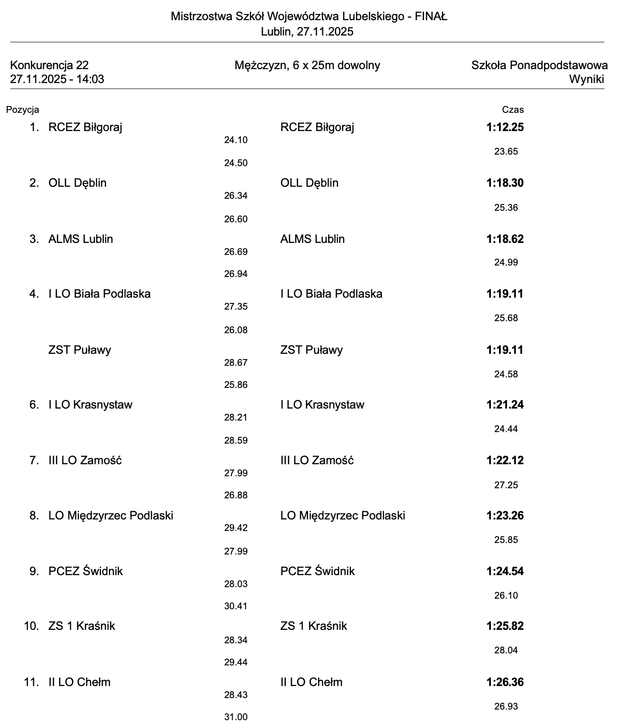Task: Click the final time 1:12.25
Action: [x=505, y=127]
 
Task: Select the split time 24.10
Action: [x=236, y=140]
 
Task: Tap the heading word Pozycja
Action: [x=23, y=110]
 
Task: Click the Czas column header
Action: [x=513, y=110]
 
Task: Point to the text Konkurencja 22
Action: [x=49, y=65]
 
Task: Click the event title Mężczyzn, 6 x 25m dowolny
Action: [x=307, y=65]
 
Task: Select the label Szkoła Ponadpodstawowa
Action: [x=539, y=65]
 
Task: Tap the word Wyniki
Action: [x=586, y=79]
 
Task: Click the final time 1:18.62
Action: [x=505, y=239]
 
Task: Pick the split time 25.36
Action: [x=506, y=208]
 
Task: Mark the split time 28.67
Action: [x=236, y=363]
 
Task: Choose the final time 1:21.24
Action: [x=505, y=405]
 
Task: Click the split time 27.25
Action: [x=506, y=485]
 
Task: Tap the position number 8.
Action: [x=34, y=516]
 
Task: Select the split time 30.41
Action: [x=236, y=606]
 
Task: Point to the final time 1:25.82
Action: [x=505, y=626]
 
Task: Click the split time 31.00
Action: [x=236, y=717]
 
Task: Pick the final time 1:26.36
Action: [x=505, y=682]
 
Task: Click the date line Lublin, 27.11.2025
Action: [x=307, y=32]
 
